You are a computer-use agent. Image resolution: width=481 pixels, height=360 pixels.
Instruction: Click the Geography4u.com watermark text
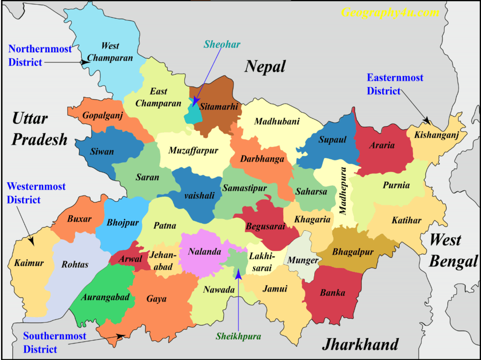click(x=389, y=13)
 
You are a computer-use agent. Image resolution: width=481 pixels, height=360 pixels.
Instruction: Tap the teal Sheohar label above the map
click(x=222, y=45)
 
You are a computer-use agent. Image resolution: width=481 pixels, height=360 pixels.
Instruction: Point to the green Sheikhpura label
click(x=238, y=336)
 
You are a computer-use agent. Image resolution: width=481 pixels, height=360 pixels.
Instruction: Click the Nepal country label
click(x=265, y=67)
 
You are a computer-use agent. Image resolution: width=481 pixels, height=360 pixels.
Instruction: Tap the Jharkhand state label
click(x=360, y=344)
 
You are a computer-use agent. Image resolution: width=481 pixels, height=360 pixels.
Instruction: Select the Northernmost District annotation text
click(x=40, y=55)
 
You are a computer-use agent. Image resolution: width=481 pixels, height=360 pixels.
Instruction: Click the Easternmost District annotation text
click(x=395, y=84)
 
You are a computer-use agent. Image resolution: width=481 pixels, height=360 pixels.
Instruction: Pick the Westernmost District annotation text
click(x=36, y=193)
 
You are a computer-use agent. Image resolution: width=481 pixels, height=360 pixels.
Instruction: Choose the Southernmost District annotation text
click(x=54, y=343)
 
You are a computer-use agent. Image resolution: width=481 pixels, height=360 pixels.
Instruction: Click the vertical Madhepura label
click(x=343, y=191)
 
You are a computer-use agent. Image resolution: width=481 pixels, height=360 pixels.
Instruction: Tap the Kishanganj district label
click(x=433, y=135)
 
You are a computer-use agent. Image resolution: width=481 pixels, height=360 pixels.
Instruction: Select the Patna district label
click(x=165, y=226)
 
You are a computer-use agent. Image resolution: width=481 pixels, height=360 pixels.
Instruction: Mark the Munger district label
click(x=303, y=260)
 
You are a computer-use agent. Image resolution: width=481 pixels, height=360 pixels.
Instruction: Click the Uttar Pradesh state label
click(x=40, y=128)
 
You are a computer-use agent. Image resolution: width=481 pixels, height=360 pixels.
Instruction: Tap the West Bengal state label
click(x=453, y=250)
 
